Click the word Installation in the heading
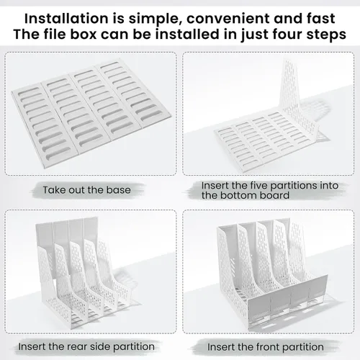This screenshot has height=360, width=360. click(66, 19)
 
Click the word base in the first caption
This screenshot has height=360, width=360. click(118, 190)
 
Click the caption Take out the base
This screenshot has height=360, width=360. click(86, 190)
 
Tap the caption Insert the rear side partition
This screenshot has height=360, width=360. click(86, 347)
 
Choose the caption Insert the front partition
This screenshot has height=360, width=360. click(266, 347)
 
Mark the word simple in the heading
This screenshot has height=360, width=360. click(155, 19)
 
